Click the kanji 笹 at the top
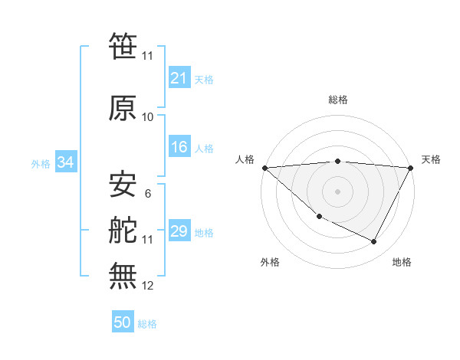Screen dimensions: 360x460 pyautogui.click(x=123, y=47)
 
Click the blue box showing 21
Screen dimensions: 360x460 pyautogui.click(x=179, y=77)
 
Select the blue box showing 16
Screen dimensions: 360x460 pyautogui.click(x=179, y=147)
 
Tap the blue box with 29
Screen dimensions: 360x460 pyautogui.click(x=179, y=231)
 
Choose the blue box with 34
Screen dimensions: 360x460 pyautogui.click(x=65, y=162)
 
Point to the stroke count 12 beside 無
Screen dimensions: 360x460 pyautogui.click(x=148, y=286)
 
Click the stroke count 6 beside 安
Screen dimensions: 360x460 pyautogui.click(x=147, y=194)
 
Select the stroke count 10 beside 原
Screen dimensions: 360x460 pyautogui.click(x=148, y=117)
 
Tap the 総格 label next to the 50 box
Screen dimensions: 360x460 pyautogui.click(x=147, y=324)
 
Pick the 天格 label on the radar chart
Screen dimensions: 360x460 pyautogui.click(x=431, y=159)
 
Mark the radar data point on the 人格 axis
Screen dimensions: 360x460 pyautogui.click(x=264, y=168)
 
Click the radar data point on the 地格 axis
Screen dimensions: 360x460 pyautogui.click(x=374, y=242)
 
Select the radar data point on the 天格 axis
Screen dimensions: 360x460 pyautogui.click(x=411, y=168)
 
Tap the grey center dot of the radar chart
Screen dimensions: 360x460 pyautogui.click(x=337, y=191)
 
